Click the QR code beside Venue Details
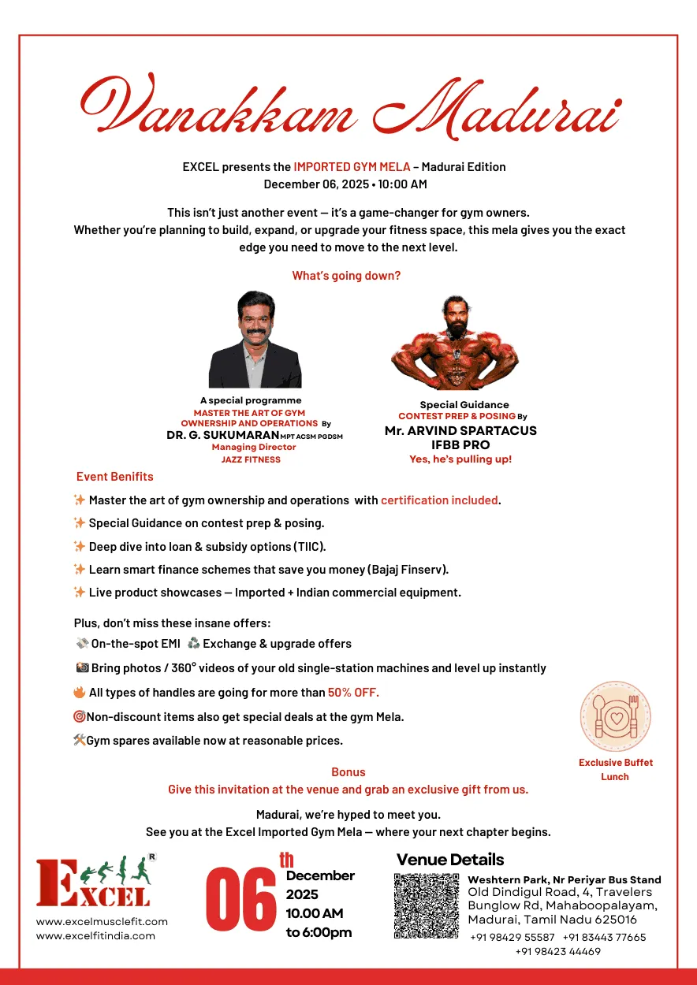(426, 905)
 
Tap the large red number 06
(240, 898)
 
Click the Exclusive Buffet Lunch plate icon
(615, 716)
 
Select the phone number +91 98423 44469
(557, 951)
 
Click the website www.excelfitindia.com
(95, 935)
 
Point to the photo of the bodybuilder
(455, 342)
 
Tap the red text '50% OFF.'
(353, 693)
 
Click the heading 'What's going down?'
(346, 276)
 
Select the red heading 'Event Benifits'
(115, 477)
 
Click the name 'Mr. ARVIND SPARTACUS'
(460, 431)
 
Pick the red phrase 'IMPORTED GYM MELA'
(352, 166)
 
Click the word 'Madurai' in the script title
(495, 110)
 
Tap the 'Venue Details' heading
(449, 860)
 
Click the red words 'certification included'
(440, 500)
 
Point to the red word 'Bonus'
(348, 772)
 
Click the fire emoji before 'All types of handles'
(80, 693)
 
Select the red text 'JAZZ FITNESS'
(251, 459)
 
